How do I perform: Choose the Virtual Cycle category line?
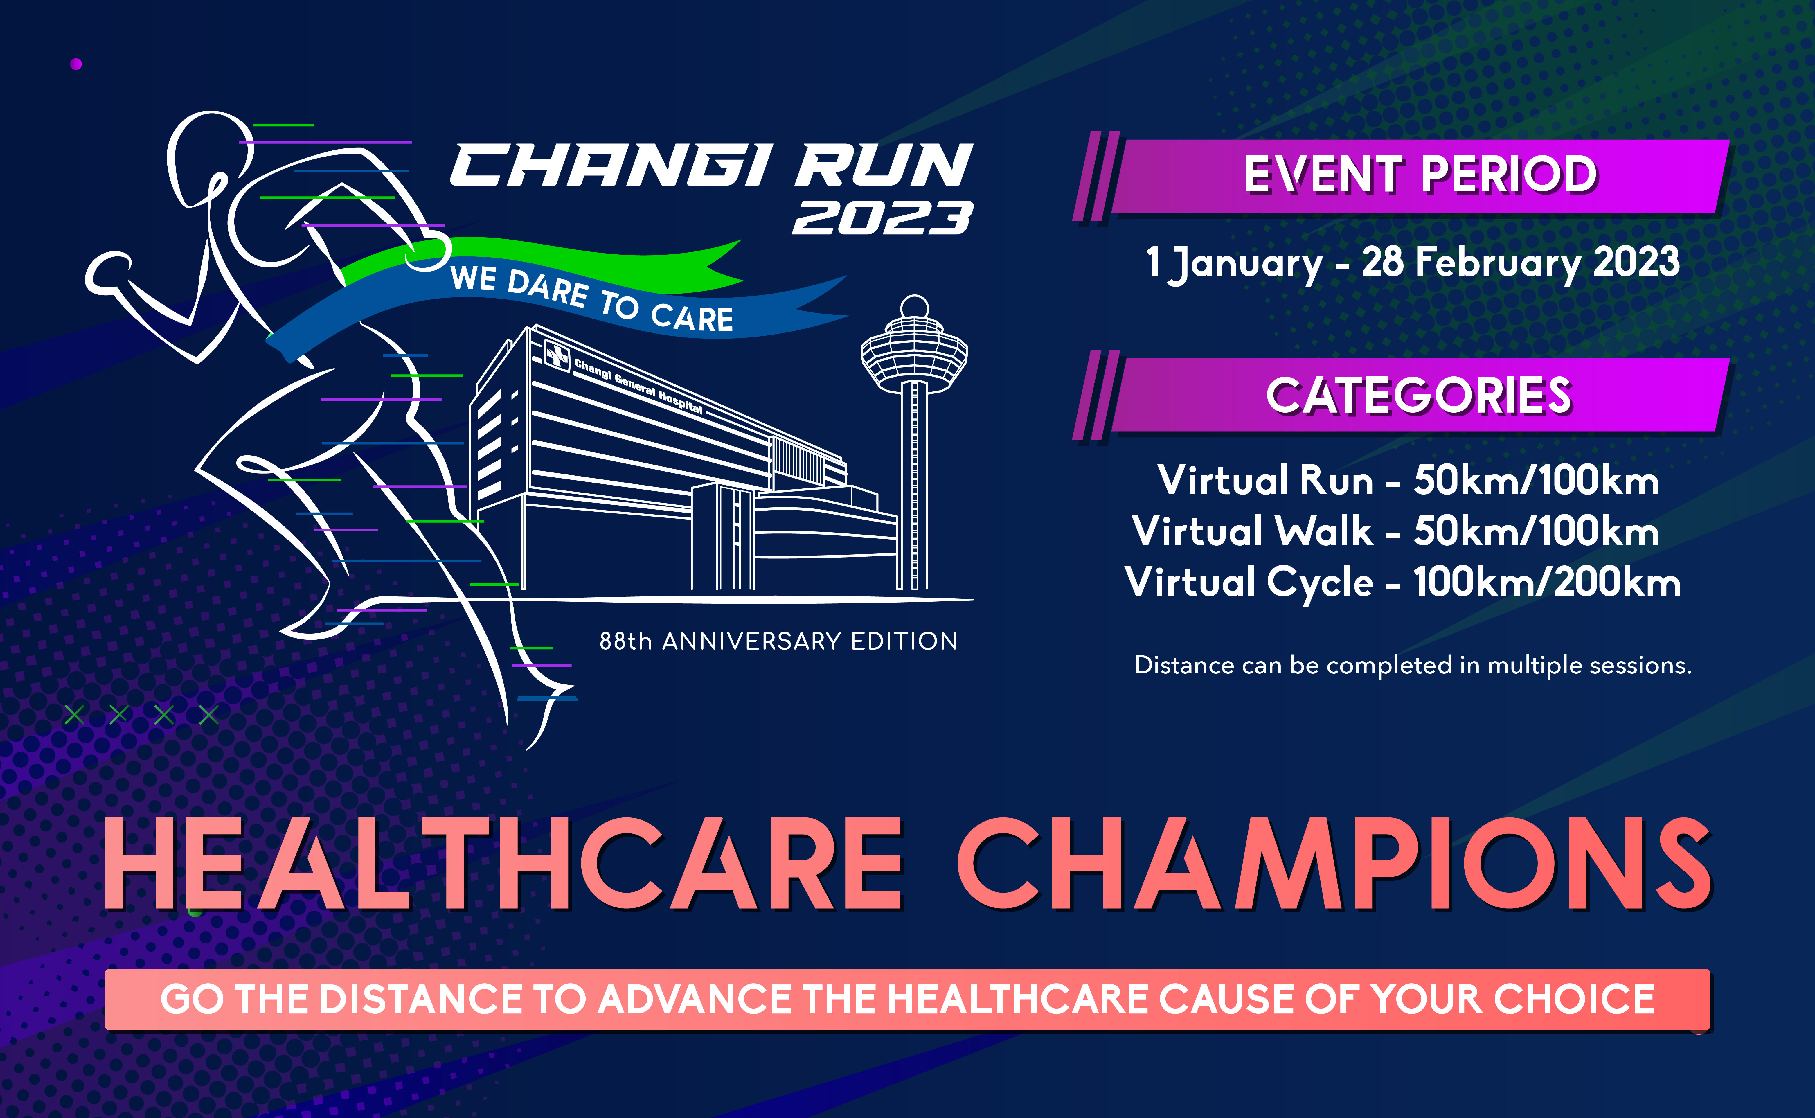(1402, 582)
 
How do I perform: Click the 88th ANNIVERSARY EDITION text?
(778, 641)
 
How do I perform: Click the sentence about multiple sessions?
(1413, 666)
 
